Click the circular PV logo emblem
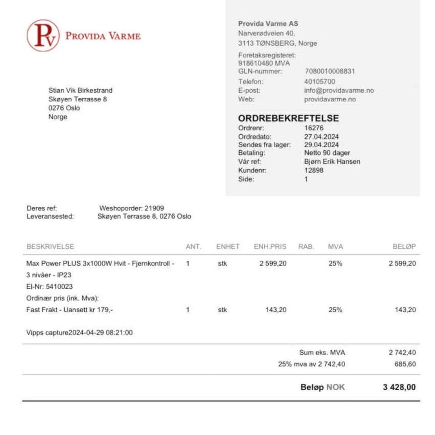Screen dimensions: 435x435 43,35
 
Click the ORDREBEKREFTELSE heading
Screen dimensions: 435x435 288,119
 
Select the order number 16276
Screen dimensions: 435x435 314,128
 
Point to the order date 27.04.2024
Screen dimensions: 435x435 321,137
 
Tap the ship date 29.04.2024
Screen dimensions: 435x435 321,145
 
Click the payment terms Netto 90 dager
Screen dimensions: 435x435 327,153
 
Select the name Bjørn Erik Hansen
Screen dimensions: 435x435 332,162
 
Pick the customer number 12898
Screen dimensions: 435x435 314,170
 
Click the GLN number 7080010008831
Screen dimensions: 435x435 329,71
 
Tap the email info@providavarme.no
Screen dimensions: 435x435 339,91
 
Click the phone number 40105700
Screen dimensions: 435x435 319,82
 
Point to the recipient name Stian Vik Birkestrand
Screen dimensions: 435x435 80,91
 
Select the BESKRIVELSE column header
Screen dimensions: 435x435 50,247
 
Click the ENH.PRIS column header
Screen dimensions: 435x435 270,247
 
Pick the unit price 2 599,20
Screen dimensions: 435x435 273,263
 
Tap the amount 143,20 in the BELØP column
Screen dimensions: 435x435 405,310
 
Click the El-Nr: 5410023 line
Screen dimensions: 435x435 49,287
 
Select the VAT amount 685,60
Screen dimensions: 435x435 405,364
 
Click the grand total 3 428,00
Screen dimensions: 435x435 399,387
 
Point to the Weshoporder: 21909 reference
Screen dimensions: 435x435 131,208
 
